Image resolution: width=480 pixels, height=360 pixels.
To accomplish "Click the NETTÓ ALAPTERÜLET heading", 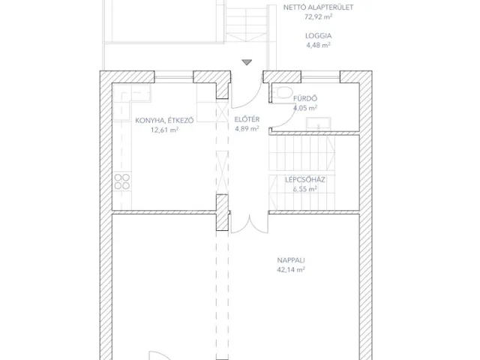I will pyautogui.click(x=318, y=7).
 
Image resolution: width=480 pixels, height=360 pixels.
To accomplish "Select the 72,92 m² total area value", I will pyautogui.click(x=318, y=17).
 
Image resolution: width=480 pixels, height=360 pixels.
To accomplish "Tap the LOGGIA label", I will pyautogui.click(x=318, y=35).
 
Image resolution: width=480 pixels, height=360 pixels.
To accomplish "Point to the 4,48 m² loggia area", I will pyautogui.click(x=318, y=45).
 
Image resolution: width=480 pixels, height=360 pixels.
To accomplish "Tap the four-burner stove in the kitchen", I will pyautogui.click(x=122, y=182).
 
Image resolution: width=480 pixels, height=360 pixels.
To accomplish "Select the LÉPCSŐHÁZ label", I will pyautogui.click(x=303, y=180).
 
